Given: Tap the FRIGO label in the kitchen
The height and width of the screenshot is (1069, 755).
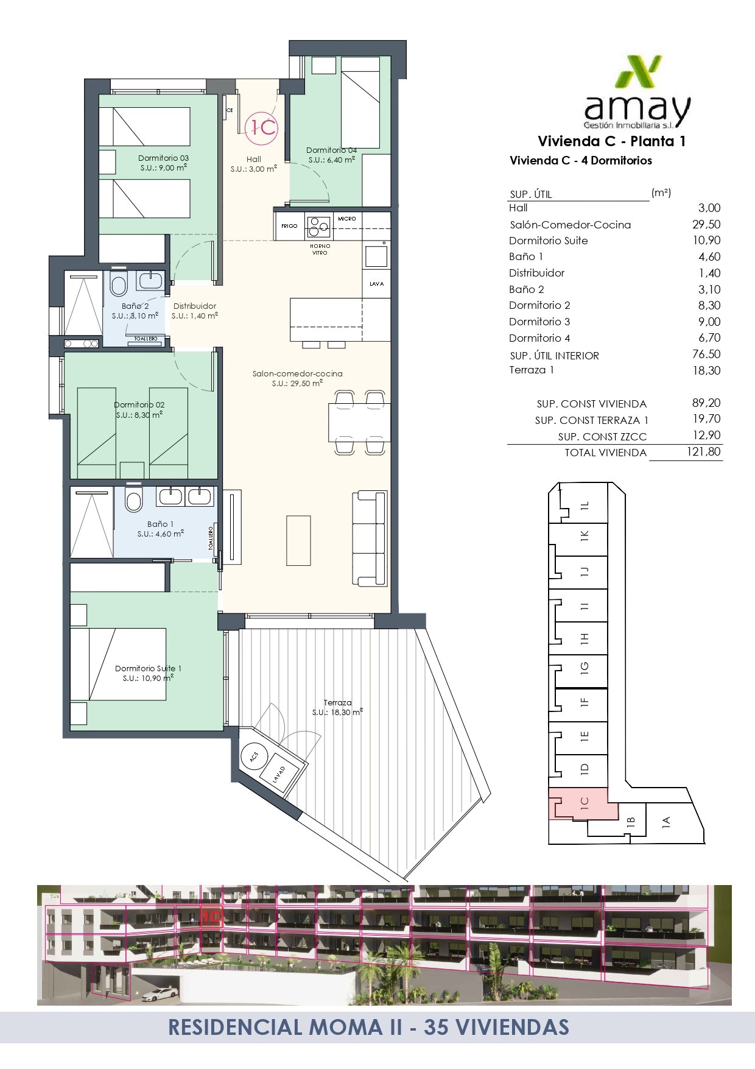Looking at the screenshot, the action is [289, 226].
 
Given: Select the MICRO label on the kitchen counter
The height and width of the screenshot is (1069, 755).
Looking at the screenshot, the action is [346, 219].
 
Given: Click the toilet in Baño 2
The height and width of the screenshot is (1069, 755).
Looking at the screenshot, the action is [119, 284].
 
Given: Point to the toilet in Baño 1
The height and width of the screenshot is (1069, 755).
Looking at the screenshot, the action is [133, 500].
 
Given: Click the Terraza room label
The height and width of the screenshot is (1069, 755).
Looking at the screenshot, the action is [337, 702].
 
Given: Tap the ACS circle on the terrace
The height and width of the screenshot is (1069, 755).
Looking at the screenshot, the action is [255, 756].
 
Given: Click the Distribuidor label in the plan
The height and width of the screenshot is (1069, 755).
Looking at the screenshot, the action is [195, 306].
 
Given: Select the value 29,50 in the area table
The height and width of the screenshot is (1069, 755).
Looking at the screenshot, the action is [706, 224].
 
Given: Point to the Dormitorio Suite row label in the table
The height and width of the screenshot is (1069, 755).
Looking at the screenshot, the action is [549, 241].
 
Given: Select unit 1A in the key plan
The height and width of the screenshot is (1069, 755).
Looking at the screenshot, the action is [667, 822].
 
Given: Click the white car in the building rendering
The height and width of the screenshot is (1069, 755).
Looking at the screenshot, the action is [160, 994].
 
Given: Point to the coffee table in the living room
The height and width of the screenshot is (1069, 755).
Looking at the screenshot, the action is [298, 540].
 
